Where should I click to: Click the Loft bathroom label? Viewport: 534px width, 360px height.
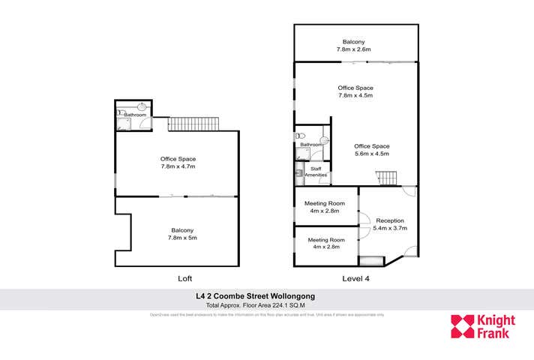(135, 115)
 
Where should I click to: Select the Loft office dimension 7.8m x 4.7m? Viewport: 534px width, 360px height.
(178, 166)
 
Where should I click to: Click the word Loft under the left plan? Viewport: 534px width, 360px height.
(184, 277)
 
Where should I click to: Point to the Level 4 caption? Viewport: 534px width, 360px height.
(355, 277)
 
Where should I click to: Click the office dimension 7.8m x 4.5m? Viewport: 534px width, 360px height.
(355, 95)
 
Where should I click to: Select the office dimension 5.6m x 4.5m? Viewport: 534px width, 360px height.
(371, 154)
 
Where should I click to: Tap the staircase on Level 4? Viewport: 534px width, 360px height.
(385, 178)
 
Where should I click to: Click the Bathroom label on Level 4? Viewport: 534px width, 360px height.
(310, 144)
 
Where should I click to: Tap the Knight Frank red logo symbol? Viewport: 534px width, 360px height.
(462, 327)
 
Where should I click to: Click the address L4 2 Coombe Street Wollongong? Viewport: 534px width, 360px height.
(265, 297)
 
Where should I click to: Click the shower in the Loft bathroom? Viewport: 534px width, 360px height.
(123, 125)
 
